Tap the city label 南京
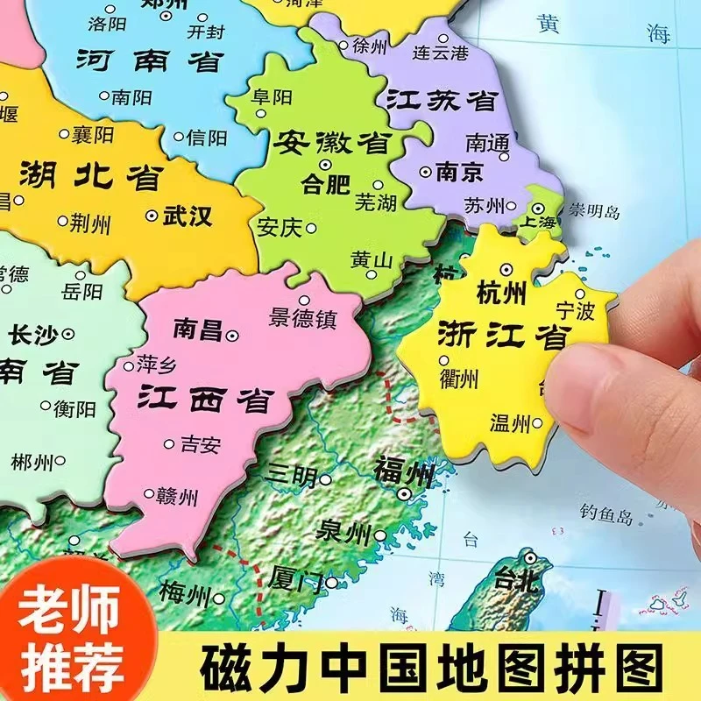coord(459,172)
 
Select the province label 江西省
coord(203,400)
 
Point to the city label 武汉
coord(188,215)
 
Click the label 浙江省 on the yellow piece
coord(491,336)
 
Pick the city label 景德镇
coord(304,318)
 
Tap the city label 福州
coord(403,471)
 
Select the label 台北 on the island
coord(515,579)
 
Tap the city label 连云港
coord(442,53)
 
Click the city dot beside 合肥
coord(325,165)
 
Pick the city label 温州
coord(511,424)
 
